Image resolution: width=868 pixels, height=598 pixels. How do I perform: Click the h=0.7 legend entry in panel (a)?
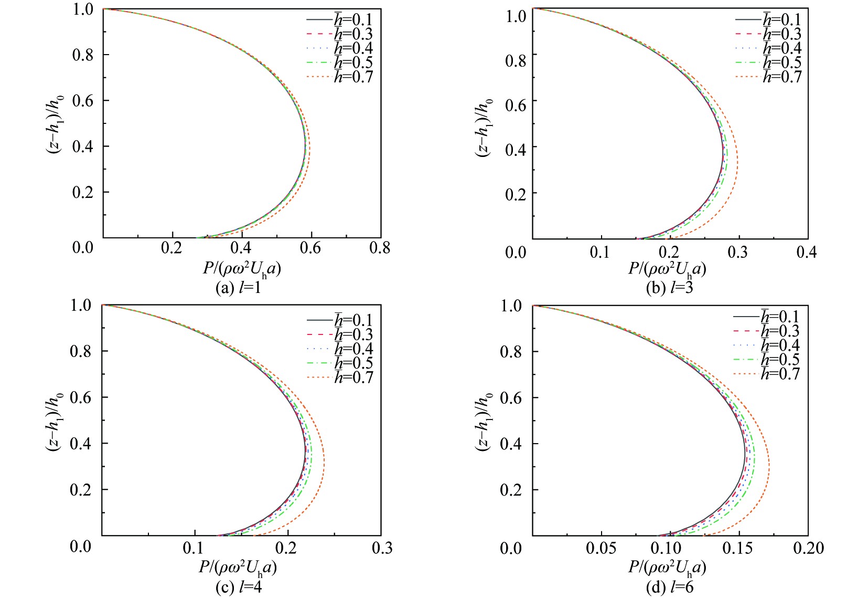pos(353,77)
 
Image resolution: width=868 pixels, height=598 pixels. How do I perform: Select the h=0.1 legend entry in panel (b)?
pos(781,20)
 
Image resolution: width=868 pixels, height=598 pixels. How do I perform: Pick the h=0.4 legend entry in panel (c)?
pos(353,349)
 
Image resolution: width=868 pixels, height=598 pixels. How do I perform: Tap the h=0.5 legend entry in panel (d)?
pos(780,360)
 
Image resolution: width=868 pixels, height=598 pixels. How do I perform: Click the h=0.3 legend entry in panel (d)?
pos(780,331)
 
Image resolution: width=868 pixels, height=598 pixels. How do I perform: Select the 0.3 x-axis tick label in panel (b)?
pos(737,253)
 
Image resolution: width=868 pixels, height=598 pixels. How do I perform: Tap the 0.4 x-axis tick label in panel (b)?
pos(806,253)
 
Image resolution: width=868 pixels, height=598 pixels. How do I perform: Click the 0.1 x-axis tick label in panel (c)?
pos(193,548)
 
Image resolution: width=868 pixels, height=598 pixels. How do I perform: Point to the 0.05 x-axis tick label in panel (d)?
pos(601,549)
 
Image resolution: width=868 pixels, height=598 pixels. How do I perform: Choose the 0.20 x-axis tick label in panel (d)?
pos(808,549)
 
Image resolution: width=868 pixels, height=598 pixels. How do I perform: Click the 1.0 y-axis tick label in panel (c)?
pos(81,306)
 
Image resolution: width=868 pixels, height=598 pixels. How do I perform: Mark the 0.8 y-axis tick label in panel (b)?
pos(515,61)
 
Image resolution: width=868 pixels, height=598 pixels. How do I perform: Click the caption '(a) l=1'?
pos(238,288)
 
